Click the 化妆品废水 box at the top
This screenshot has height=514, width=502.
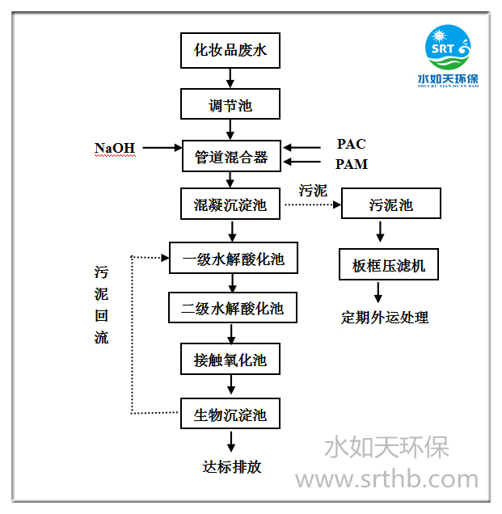pos(230,51)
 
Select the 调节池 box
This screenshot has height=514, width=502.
pos(230,104)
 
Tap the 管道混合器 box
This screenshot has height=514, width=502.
pos(230,155)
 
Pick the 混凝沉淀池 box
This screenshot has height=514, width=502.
pos(230,204)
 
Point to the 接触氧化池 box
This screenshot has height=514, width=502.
pos(230,359)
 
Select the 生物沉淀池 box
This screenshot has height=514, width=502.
pos(230,415)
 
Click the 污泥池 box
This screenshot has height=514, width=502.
pos(391,204)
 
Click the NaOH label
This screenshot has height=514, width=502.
pos(115,148)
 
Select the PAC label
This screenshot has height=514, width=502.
pos(351,145)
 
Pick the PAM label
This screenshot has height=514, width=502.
pos(351,165)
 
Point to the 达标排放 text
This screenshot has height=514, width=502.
pos(232,466)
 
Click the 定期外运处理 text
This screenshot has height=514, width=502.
pos(385,317)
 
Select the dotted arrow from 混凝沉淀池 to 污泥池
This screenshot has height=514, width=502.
pos(312,204)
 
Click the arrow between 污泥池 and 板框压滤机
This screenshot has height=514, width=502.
pos(379,232)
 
